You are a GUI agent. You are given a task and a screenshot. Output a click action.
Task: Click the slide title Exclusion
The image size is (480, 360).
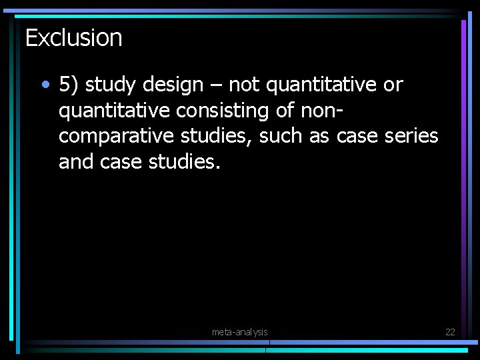click(x=74, y=38)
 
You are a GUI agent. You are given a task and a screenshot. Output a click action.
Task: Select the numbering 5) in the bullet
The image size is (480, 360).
click(x=69, y=85)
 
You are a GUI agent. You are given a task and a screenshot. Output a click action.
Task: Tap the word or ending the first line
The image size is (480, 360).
click(x=393, y=85)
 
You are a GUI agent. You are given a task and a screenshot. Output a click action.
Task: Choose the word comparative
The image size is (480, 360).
click(x=117, y=137)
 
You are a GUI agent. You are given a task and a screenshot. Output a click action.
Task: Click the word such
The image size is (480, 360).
click(x=281, y=136)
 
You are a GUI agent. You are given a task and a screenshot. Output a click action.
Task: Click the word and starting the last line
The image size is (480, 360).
click(x=77, y=162)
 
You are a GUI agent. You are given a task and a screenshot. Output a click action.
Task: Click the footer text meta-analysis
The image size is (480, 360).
click(x=240, y=332)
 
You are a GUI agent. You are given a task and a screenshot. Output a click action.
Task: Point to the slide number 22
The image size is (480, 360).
click(x=449, y=332)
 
